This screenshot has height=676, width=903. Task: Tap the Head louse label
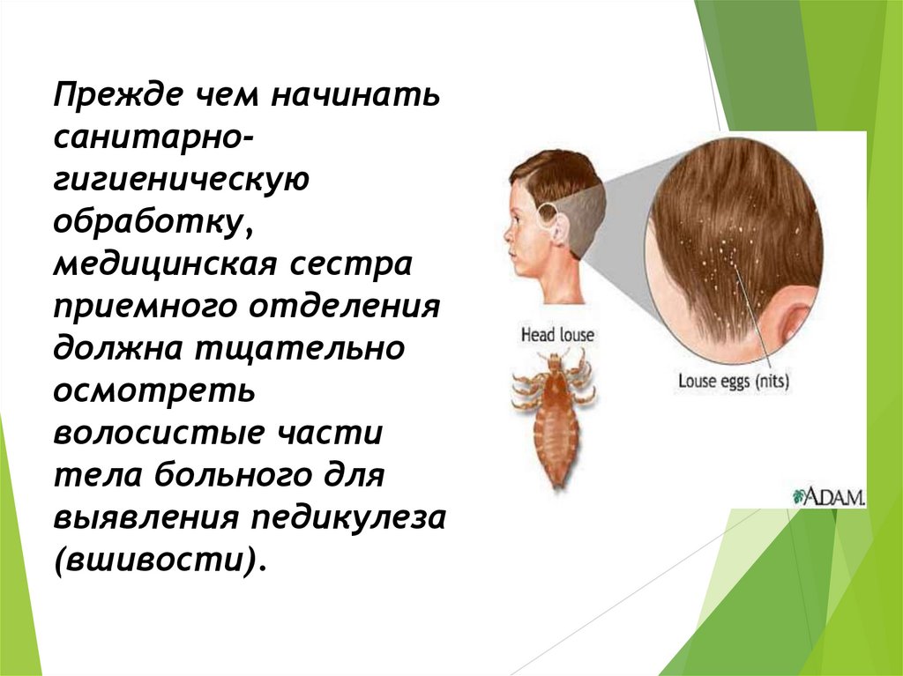coord(557,336)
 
